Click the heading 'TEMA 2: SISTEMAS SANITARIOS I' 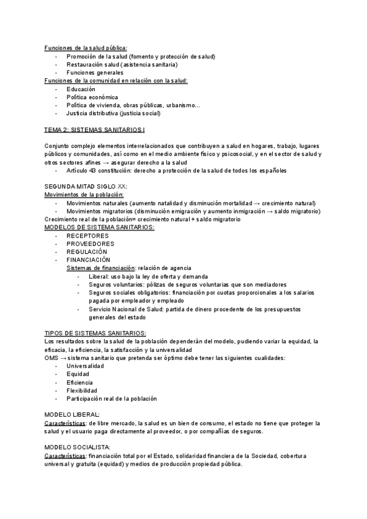point(95,130)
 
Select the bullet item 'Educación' point(81,89)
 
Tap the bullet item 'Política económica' point(92,97)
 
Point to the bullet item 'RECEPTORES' point(87,236)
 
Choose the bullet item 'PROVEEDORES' point(91,244)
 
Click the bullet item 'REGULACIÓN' point(87,252)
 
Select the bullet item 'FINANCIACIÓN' point(89,259)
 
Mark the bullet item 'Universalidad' point(86,366)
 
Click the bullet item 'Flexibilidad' point(82,390)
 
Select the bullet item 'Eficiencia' point(80,382)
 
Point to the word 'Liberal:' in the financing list point(98,276)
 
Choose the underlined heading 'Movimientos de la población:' point(84,195)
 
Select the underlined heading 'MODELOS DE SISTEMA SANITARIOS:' point(100,227)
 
